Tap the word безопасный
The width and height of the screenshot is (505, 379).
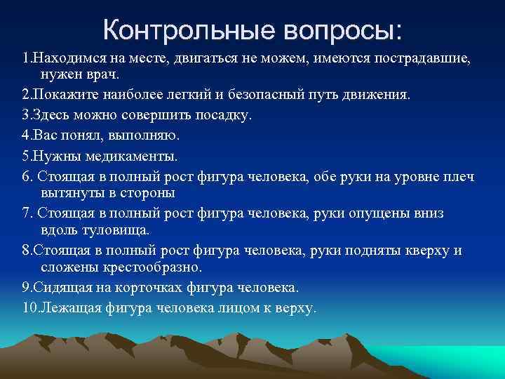click(x=252, y=95)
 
